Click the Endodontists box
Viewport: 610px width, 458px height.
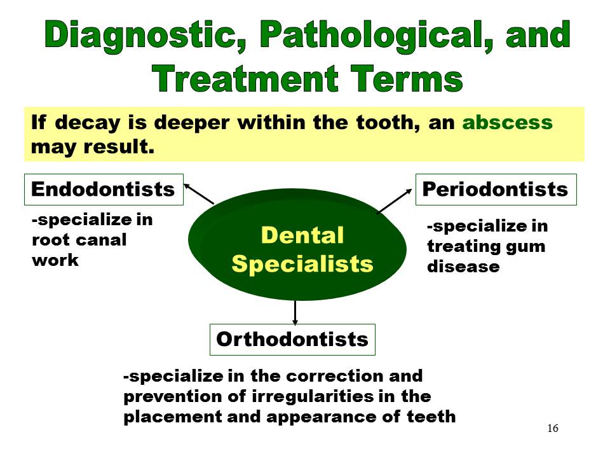point(103,190)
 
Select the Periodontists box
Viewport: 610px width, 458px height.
point(496,190)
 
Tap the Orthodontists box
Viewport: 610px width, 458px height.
point(292,339)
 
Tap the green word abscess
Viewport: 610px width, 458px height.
point(507,123)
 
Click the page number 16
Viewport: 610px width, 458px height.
point(552,428)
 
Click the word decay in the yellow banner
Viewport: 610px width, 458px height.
point(86,123)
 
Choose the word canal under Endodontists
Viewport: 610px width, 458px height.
point(103,240)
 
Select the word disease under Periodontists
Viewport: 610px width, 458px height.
point(463,267)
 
